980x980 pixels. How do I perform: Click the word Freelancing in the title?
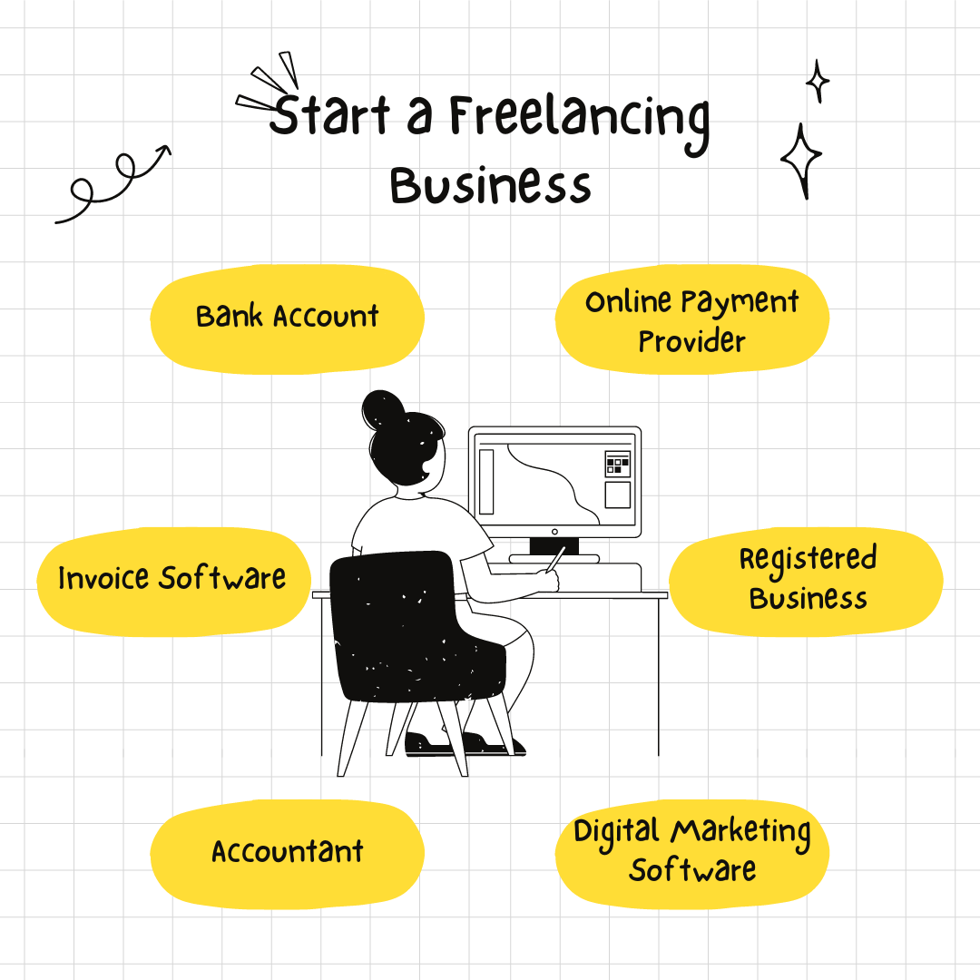tap(579, 122)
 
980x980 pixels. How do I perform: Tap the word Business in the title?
tap(491, 186)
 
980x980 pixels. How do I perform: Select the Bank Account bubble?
tap(288, 318)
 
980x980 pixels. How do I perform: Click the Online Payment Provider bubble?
tap(691, 318)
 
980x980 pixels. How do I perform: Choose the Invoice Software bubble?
tap(173, 582)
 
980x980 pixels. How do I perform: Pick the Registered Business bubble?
tap(807, 582)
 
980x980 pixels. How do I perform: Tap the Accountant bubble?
tap(288, 854)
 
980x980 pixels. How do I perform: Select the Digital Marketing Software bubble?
tap(691, 854)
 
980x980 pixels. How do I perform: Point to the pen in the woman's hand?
tap(555, 559)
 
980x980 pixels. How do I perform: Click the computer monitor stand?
tap(554, 550)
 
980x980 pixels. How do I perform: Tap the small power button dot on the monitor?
tap(554, 532)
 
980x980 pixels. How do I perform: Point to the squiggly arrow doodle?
tap(113, 183)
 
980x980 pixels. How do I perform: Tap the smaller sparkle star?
tap(817, 81)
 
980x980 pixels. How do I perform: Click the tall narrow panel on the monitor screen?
tap(486, 481)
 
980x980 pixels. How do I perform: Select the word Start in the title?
tap(330, 114)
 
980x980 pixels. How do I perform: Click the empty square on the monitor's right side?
tap(618, 495)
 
